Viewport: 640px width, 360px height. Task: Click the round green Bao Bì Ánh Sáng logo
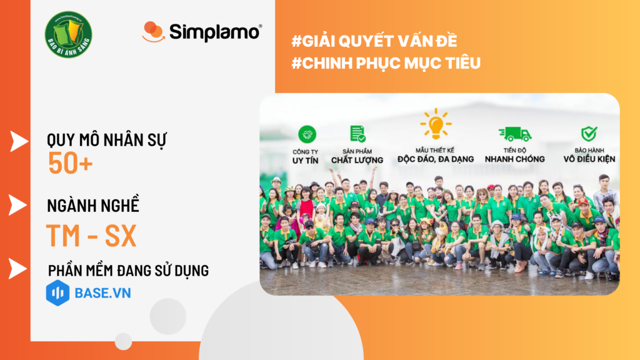69,36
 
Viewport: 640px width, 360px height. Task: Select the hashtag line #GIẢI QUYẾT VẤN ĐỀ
374,41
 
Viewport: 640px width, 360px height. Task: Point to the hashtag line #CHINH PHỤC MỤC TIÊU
386,63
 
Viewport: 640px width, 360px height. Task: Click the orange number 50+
70,163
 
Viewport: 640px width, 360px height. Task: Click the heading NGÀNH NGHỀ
93,206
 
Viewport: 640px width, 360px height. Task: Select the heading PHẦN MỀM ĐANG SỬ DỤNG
128,270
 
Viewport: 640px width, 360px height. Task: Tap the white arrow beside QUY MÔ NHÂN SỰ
19,141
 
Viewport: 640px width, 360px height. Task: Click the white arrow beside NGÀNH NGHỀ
18,204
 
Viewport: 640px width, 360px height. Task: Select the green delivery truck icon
514,133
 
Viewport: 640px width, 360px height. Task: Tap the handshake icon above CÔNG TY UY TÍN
307,134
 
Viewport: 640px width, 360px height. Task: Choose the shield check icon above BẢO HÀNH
589,133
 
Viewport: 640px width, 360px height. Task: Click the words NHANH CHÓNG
515,159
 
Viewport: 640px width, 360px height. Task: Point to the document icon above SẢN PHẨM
357,133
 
